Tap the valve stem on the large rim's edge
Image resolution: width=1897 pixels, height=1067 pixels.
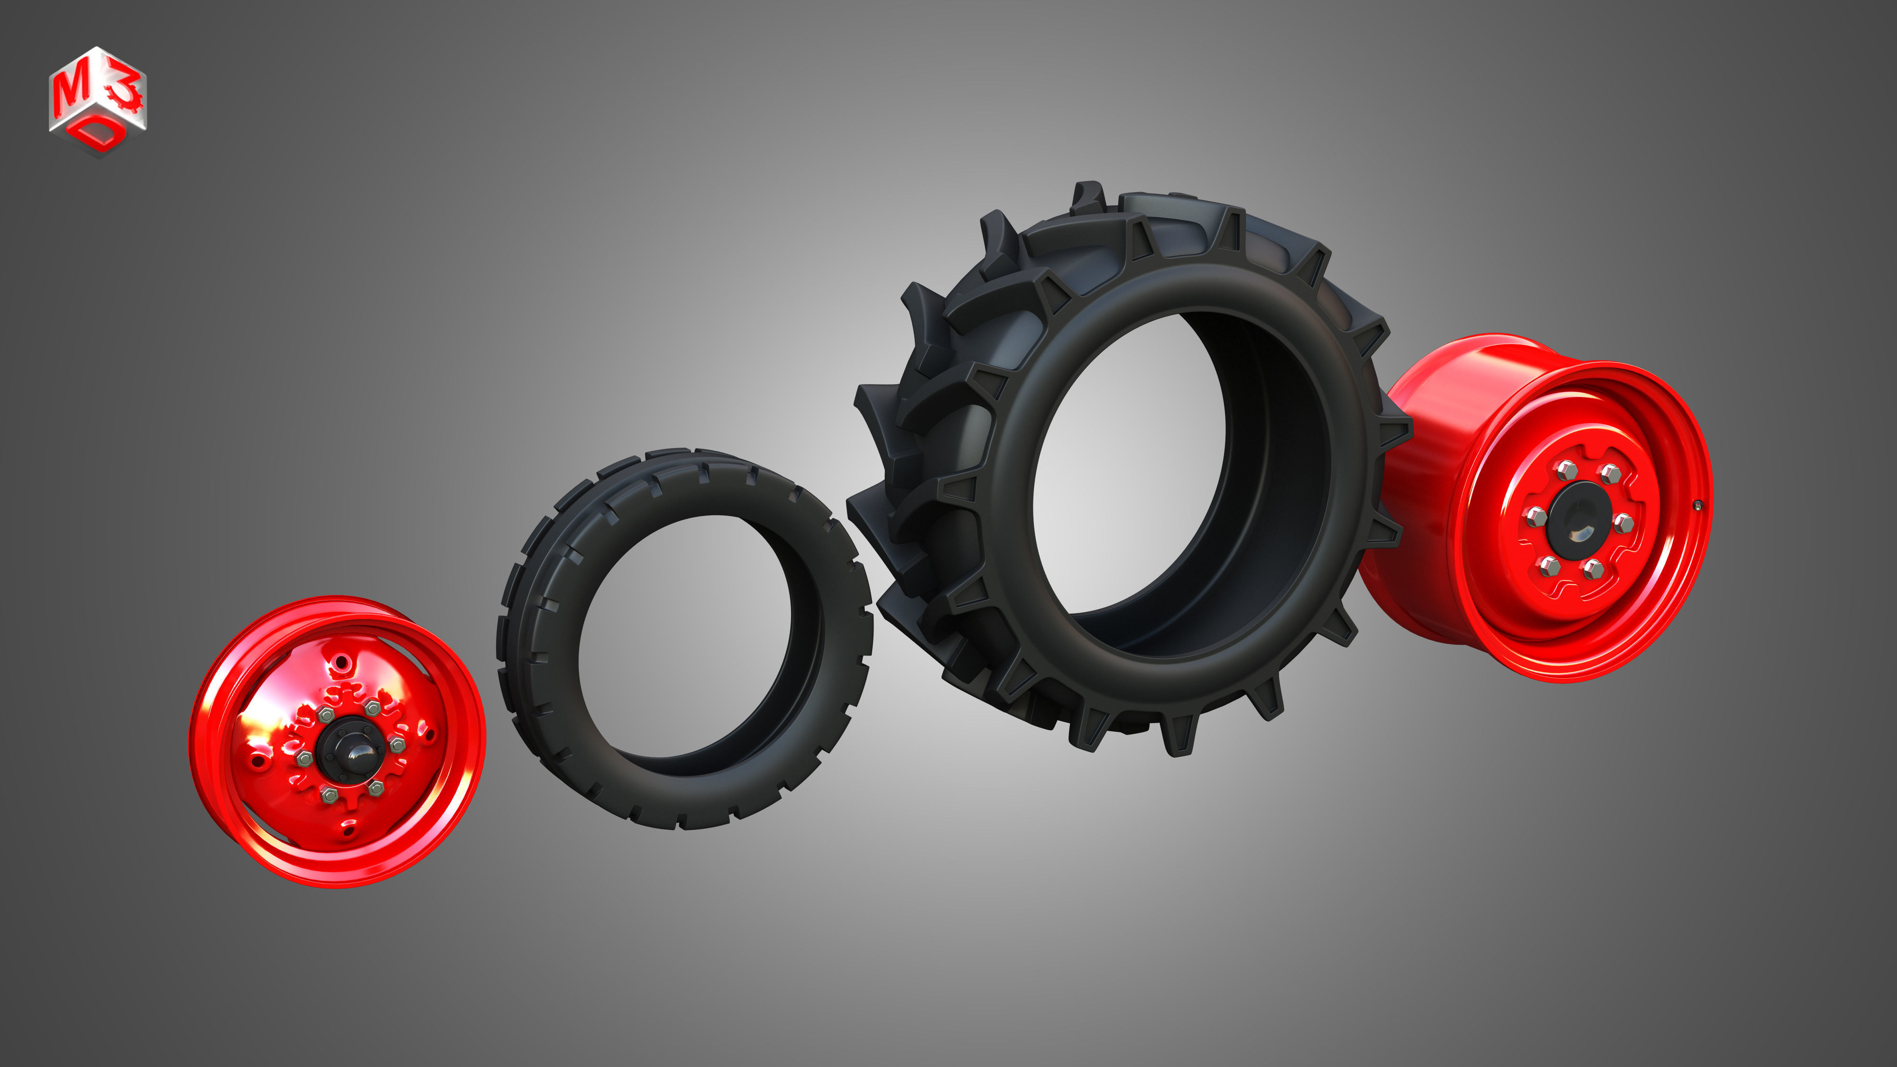(1698, 505)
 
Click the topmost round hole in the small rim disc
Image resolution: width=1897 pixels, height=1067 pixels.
(340, 666)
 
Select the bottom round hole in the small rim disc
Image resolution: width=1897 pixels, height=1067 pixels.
(348, 832)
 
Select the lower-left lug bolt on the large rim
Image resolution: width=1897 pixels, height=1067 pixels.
(1549, 566)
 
